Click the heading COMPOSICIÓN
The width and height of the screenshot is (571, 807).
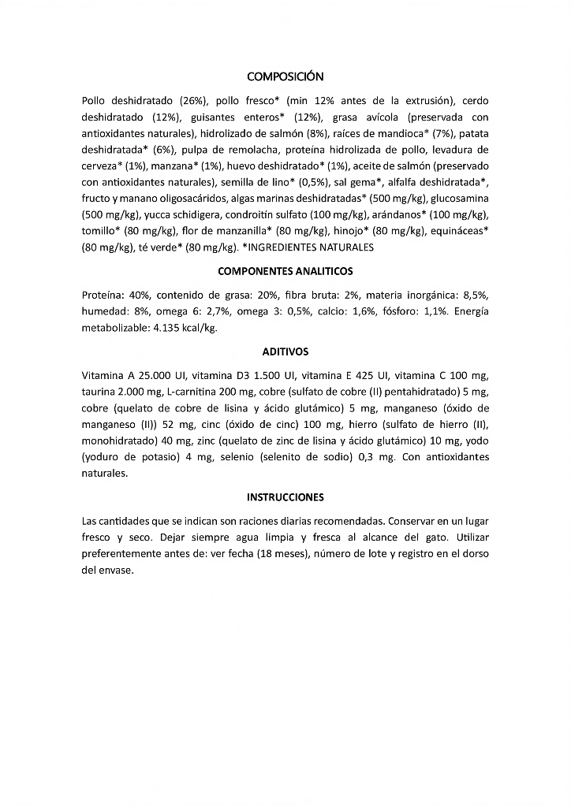[x=285, y=76]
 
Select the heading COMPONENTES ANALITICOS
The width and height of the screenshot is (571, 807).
[x=285, y=271]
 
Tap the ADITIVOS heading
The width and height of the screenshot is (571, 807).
[x=285, y=351]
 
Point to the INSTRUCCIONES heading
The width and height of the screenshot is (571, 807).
[x=285, y=497]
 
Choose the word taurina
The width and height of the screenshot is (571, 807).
[x=98, y=392]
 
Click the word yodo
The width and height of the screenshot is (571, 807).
[x=476, y=441]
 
